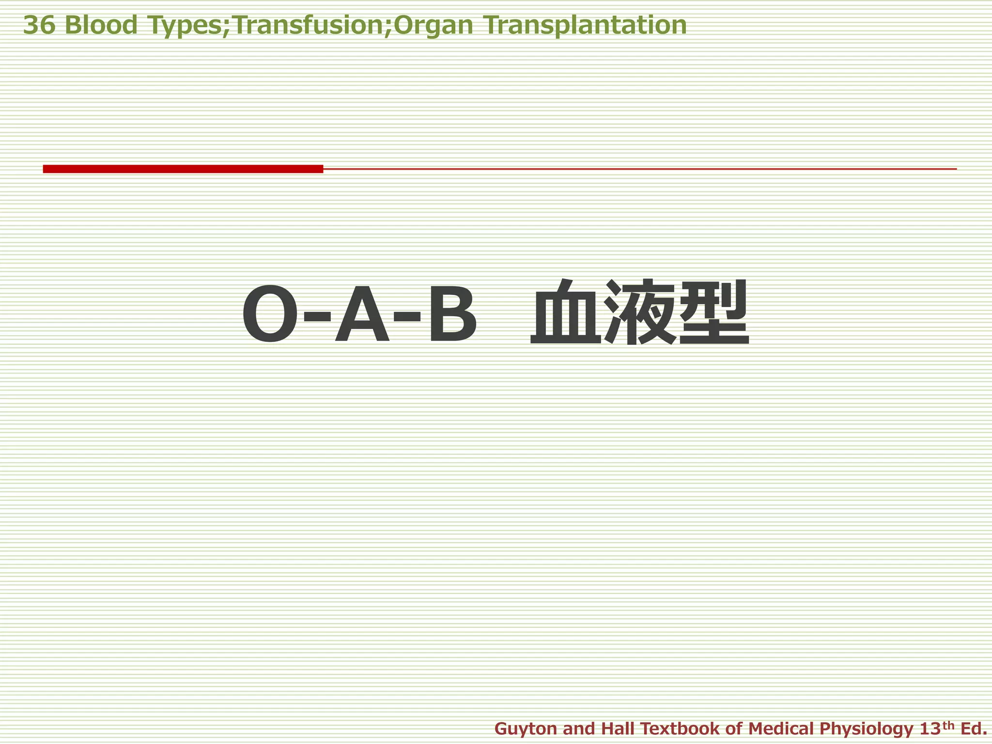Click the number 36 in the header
coord(39,25)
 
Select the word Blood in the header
coord(101,25)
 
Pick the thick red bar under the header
coord(183,169)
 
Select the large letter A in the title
coord(362,314)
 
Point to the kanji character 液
coord(640,312)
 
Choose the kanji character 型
coord(714,312)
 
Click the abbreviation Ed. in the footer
coord(973,728)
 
